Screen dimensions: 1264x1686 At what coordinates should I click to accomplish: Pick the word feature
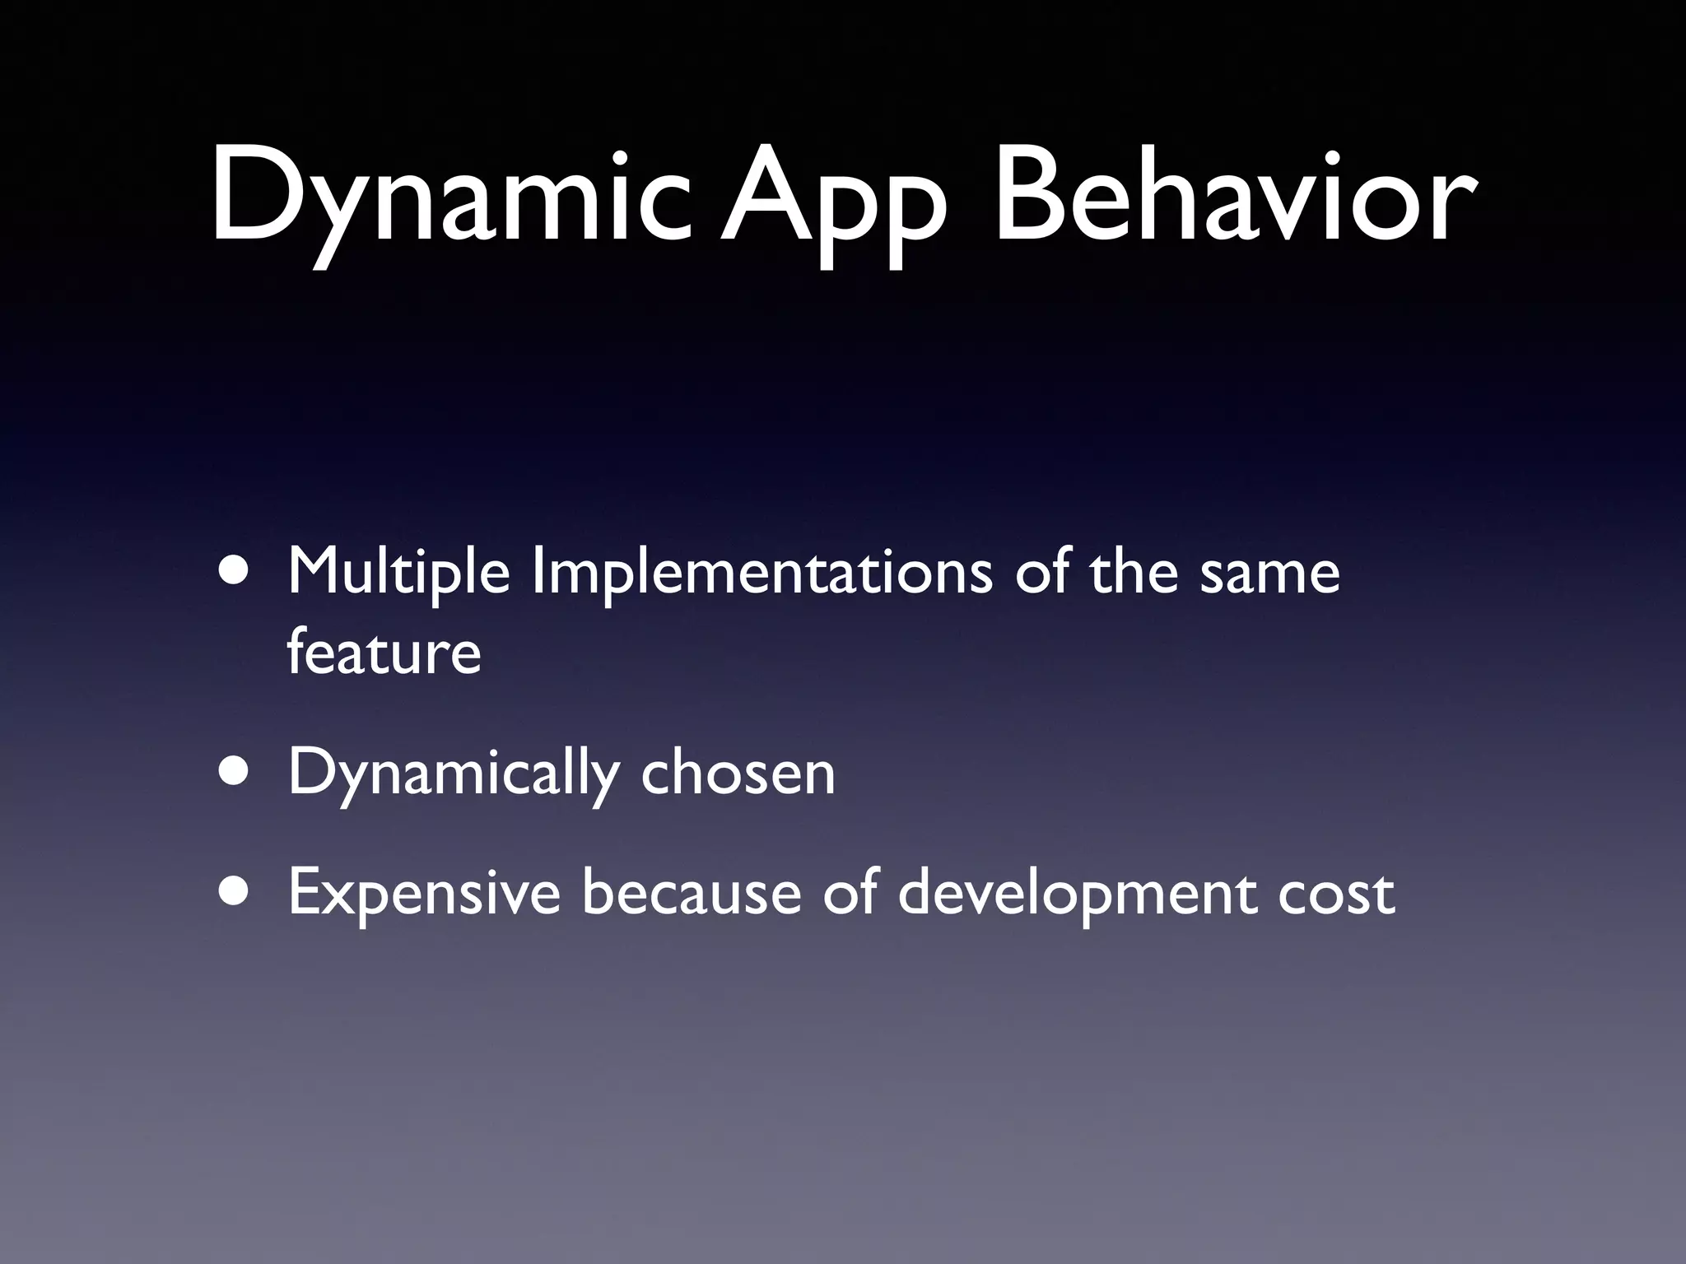click(384, 652)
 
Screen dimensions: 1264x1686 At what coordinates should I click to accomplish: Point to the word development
click(1076, 895)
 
